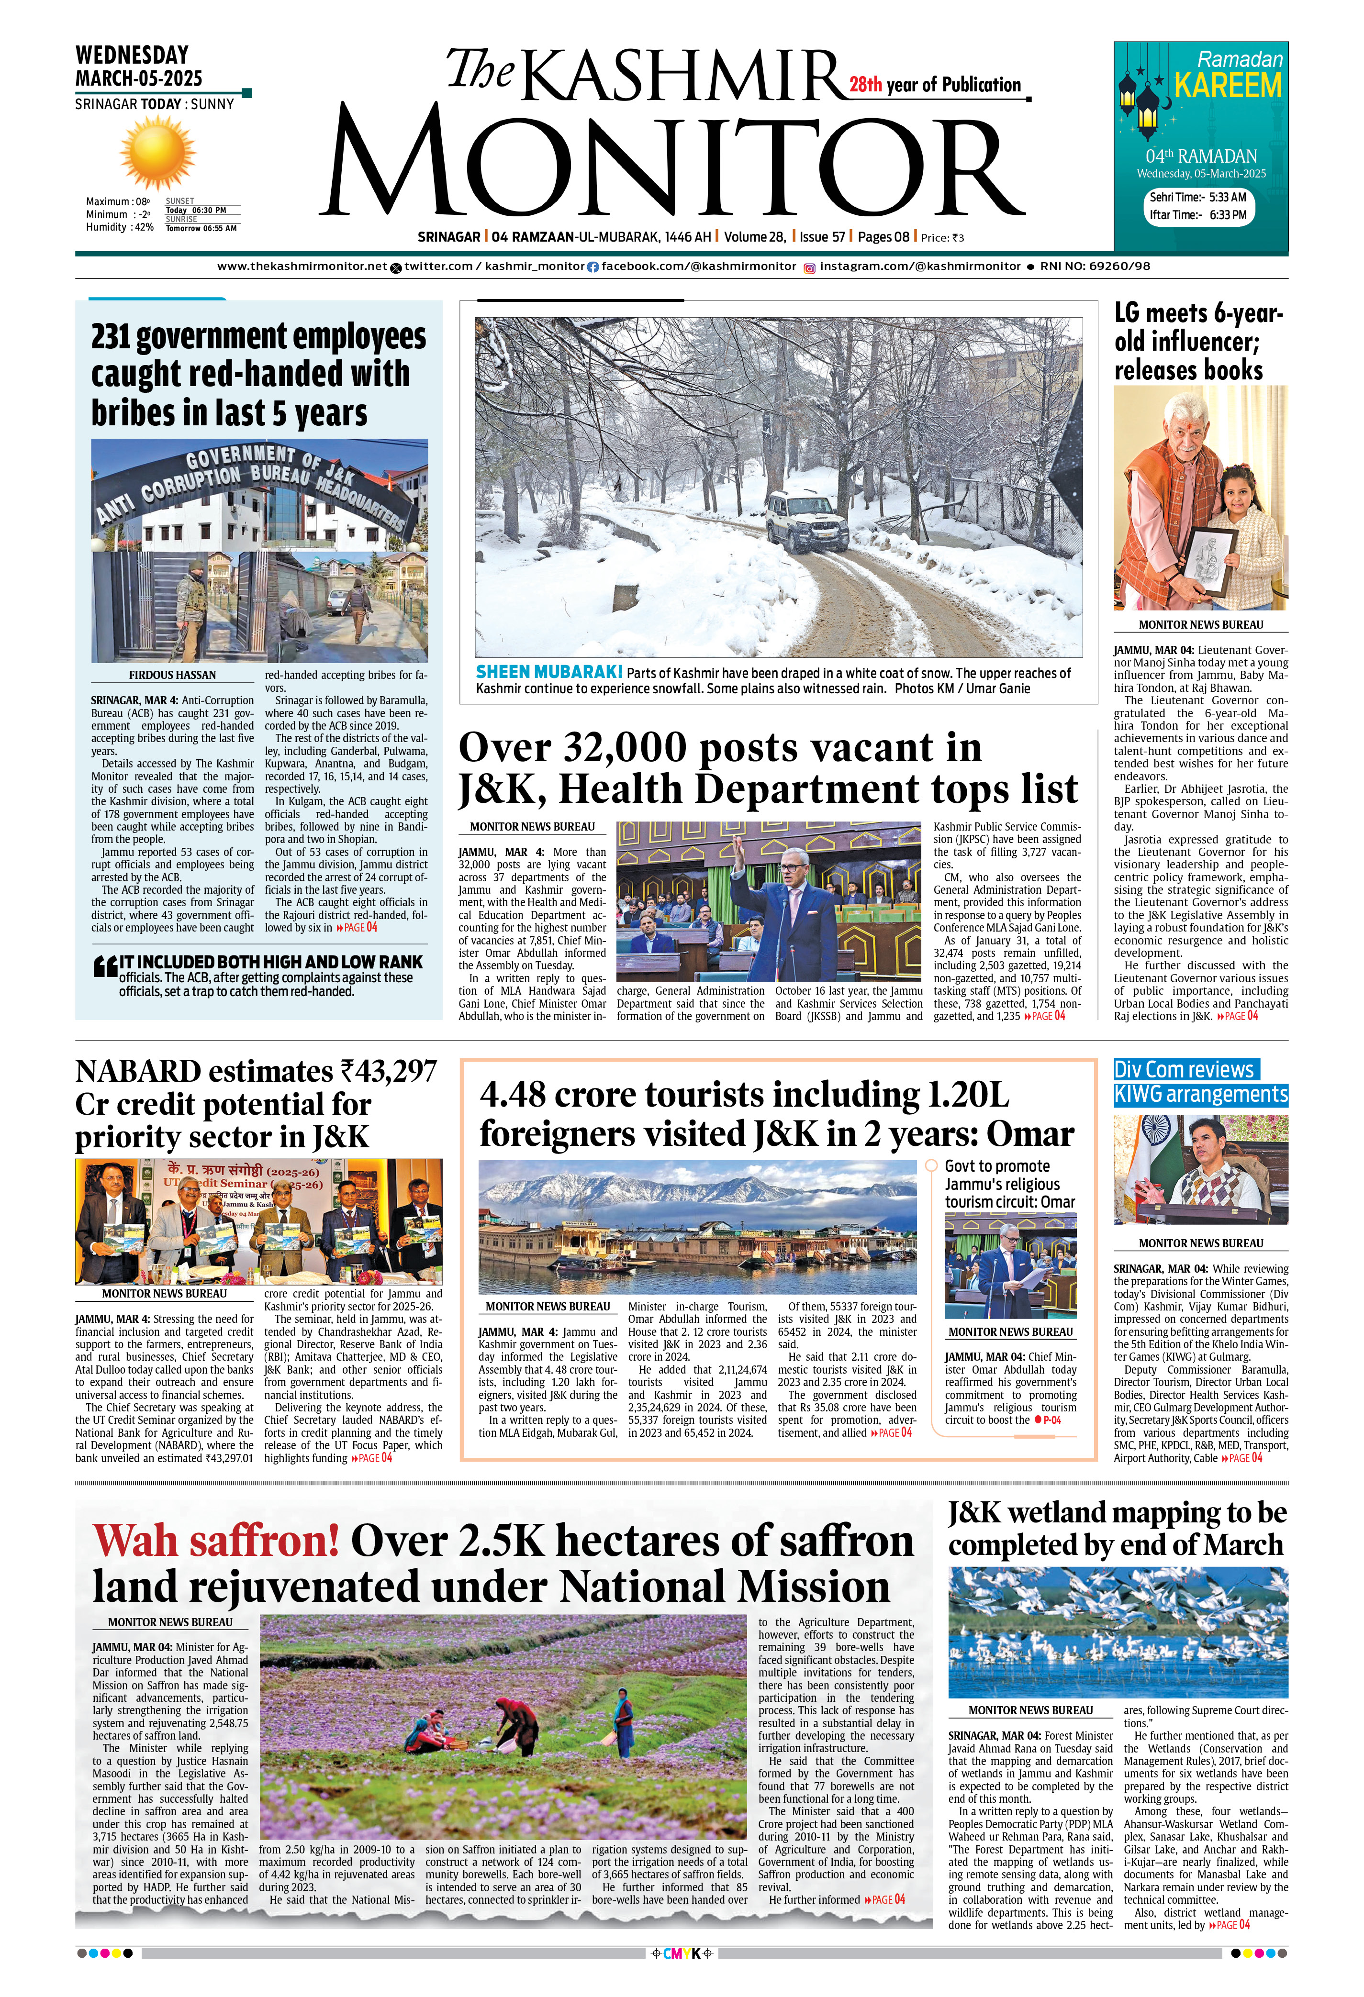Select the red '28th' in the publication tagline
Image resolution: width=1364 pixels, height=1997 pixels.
(865, 85)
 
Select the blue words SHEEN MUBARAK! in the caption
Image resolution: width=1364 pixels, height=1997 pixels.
(549, 672)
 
